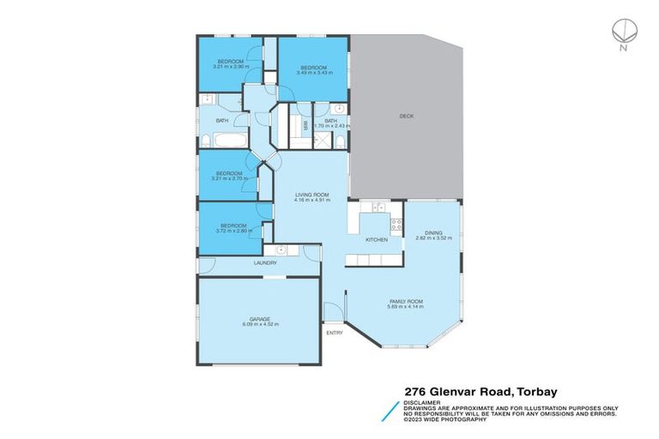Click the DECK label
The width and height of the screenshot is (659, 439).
coord(407,116)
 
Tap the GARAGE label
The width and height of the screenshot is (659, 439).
coord(260,318)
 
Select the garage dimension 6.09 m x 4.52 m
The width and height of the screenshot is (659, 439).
coord(260,324)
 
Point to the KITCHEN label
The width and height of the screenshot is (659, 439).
coord(377,239)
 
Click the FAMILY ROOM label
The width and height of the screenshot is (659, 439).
coord(407,302)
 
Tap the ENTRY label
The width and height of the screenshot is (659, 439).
coord(334,332)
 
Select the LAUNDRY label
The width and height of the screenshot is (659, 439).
coord(264,263)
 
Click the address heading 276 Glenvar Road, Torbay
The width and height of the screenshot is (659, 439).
coord(480,389)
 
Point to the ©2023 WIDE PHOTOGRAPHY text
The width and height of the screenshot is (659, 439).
coord(446,418)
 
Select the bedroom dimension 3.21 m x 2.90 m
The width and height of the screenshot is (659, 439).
coord(229,66)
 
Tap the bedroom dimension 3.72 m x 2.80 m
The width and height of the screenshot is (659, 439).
coord(233,232)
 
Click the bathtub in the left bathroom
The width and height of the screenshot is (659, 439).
coord(229,140)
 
